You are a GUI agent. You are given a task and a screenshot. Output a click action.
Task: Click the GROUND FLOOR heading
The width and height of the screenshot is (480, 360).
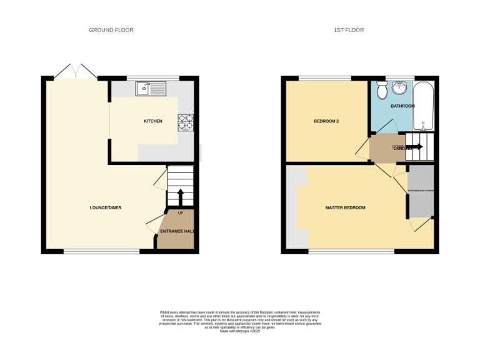111,30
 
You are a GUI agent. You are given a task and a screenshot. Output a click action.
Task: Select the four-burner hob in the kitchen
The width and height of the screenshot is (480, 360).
186,121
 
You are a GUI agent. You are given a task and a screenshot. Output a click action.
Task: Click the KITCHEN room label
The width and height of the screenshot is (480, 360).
152,121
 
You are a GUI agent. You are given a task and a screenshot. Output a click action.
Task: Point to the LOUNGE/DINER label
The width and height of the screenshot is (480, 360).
105,207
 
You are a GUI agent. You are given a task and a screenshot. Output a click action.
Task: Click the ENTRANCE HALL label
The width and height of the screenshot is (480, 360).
177,231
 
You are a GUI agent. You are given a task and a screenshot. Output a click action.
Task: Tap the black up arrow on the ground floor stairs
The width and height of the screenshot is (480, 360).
181,197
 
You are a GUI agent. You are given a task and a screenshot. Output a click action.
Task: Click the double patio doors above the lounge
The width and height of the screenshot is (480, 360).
75,71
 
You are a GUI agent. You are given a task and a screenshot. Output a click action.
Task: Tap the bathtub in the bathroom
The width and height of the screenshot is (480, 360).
424,105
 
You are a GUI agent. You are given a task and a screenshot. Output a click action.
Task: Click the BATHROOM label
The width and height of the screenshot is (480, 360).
402,106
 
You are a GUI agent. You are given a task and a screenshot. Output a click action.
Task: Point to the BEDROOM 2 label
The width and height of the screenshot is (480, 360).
326,121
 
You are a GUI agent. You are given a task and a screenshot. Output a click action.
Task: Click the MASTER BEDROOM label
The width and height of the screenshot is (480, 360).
345,207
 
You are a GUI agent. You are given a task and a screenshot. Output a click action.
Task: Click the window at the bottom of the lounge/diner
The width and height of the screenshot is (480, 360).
101,251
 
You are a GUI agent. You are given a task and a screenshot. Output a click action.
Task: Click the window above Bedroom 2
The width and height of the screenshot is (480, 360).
324,78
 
